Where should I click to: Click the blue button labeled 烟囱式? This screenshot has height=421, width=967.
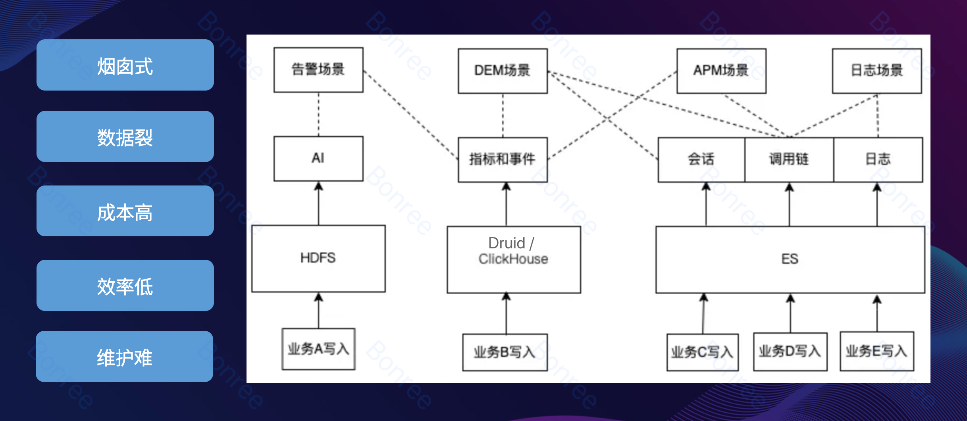coord(125,65)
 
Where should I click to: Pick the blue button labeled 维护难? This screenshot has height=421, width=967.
coord(124,356)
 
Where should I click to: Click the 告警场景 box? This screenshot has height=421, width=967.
coord(318,70)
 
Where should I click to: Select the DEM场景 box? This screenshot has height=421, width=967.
coord(503,71)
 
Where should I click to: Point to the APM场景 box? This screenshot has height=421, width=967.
coord(721,71)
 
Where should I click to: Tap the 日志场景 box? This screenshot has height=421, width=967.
coord(877,71)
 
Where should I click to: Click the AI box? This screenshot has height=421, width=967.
coord(318,158)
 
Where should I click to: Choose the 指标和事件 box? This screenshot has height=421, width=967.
coord(503,160)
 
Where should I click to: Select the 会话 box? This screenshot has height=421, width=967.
coord(701,160)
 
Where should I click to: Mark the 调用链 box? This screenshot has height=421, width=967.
coord(789,160)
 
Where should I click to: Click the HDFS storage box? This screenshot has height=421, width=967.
coord(318,259)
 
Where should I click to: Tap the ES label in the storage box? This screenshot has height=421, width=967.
coord(790,259)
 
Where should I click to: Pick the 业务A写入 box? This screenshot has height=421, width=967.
coord(318,349)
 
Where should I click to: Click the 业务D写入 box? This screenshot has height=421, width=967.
coord(790,352)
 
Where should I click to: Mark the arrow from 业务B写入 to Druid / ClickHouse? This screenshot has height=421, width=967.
coord(506,314)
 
